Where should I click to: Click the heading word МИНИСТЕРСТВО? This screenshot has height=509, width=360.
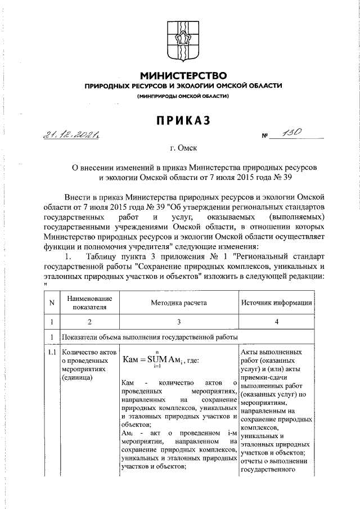pyautogui.click(x=183, y=75)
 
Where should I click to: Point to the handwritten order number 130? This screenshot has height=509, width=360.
pyautogui.click(x=295, y=133)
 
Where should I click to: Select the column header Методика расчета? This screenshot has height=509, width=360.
pyautogui.click(x=178, y=303)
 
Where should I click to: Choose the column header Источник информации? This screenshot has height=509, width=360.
pyautogui.click(x=277, y=303)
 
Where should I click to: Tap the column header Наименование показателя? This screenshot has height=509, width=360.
pyautogui.click(x=89, y=303)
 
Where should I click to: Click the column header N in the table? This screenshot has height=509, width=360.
pyautogui.click(x=52, y=303)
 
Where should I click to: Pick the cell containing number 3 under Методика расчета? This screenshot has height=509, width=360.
pyautogui.click(x=178, y=322)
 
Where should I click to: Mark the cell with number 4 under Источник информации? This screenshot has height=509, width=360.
pyautogui.click(x=277, y=322)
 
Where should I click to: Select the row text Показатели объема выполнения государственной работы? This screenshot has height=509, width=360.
pyautogui.click(x=144, y=337)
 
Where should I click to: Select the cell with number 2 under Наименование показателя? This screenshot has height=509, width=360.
pyautogui.click(x=89, y=322)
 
